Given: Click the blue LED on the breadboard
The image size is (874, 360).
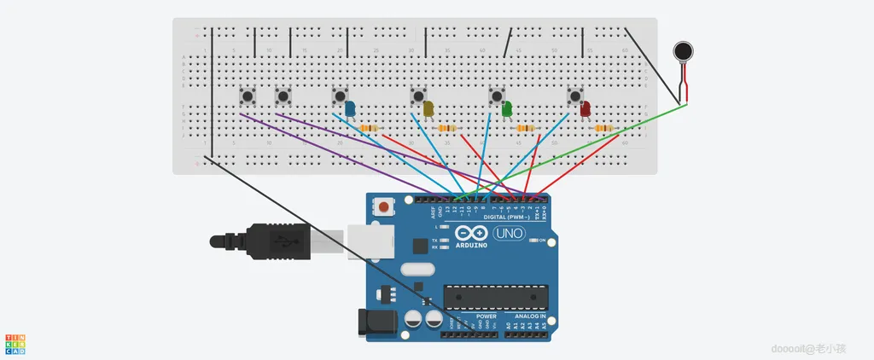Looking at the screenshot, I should (x=350, y=107).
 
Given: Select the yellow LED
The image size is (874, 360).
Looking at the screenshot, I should (x=428, y=108).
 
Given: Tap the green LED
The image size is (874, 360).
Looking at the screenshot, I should (x=507, y=108).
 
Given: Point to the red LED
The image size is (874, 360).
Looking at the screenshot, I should (x=586, y=108).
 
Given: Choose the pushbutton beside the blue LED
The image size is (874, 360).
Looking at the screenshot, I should (x=340, y=96).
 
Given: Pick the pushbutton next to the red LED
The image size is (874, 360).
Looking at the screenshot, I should (x=575, y=96).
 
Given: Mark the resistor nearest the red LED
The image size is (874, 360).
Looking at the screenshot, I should (x=604, y=128).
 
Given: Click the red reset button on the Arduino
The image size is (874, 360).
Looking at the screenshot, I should (x=386, y=207).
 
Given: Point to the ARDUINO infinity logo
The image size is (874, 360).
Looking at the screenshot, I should (x=470, y=235).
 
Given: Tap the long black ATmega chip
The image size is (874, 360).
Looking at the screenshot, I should (x=495, y=296).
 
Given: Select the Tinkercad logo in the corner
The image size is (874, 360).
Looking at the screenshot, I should (x=15, y=344).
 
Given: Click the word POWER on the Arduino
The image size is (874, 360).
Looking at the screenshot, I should (x=475, y=316).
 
